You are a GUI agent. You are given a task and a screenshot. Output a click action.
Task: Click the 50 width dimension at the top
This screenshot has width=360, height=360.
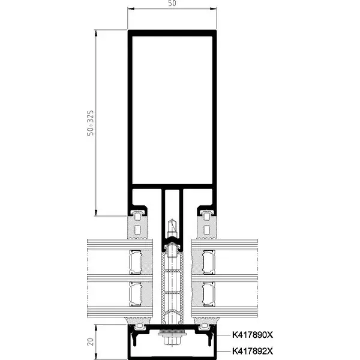pyautogui.click(x=172, y=4)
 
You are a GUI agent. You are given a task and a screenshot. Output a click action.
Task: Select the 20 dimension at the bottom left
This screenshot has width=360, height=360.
pyautogui.click(x=90, y=342)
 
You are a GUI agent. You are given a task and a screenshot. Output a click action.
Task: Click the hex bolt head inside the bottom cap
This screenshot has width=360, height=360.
pyautogui.click(x=173, y=341)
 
